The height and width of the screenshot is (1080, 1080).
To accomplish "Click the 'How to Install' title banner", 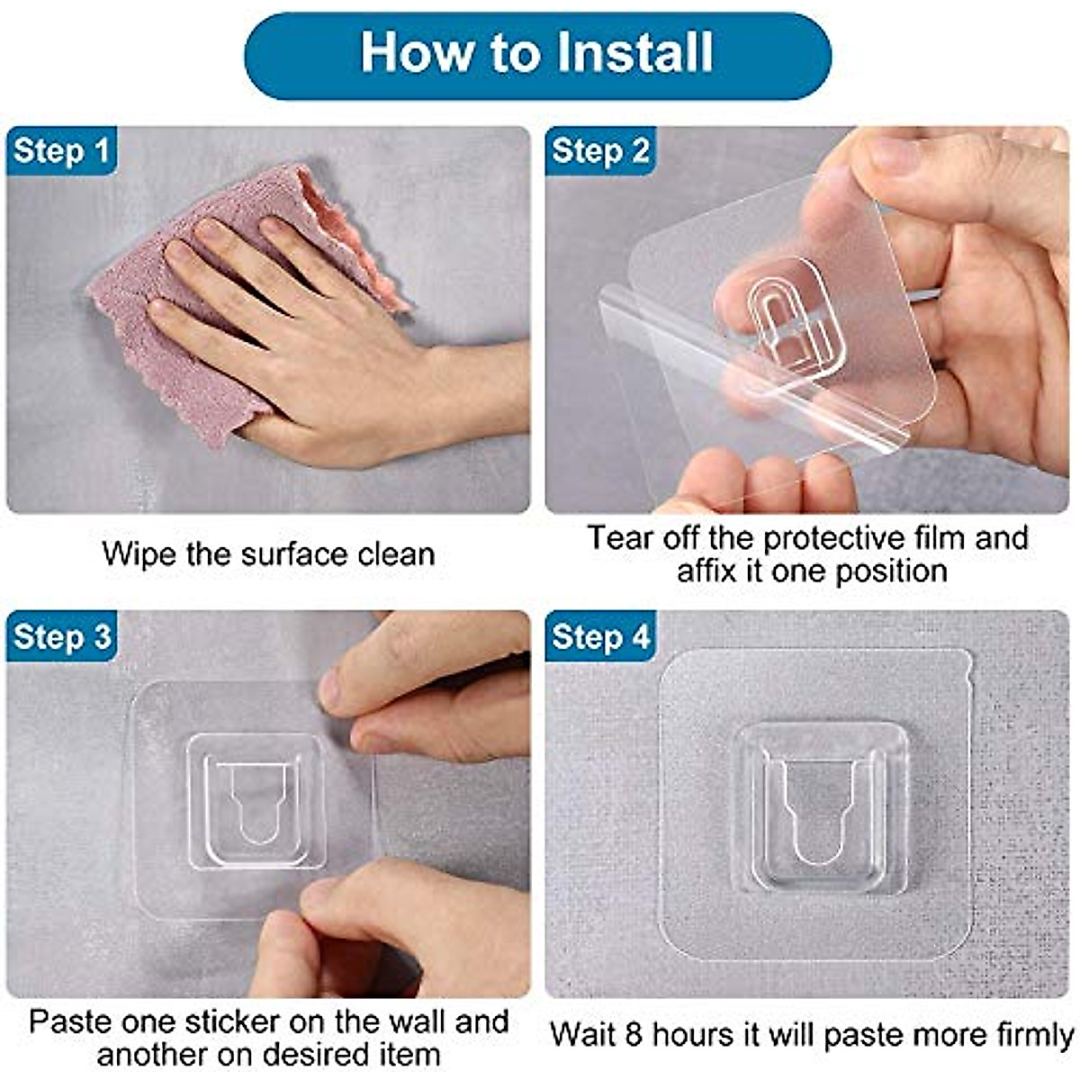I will coord(537,55).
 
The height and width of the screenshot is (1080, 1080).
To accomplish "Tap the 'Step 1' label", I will coord(61,151).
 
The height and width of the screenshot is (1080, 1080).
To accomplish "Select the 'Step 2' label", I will coord(600,151).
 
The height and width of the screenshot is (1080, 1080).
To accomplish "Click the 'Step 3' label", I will coord(61,637).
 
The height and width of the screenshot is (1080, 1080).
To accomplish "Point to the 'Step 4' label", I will coord(600,637).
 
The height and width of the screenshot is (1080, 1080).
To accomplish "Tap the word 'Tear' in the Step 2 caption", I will coord(621,538).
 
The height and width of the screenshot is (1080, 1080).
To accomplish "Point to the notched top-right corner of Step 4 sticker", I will coord(964,666).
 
